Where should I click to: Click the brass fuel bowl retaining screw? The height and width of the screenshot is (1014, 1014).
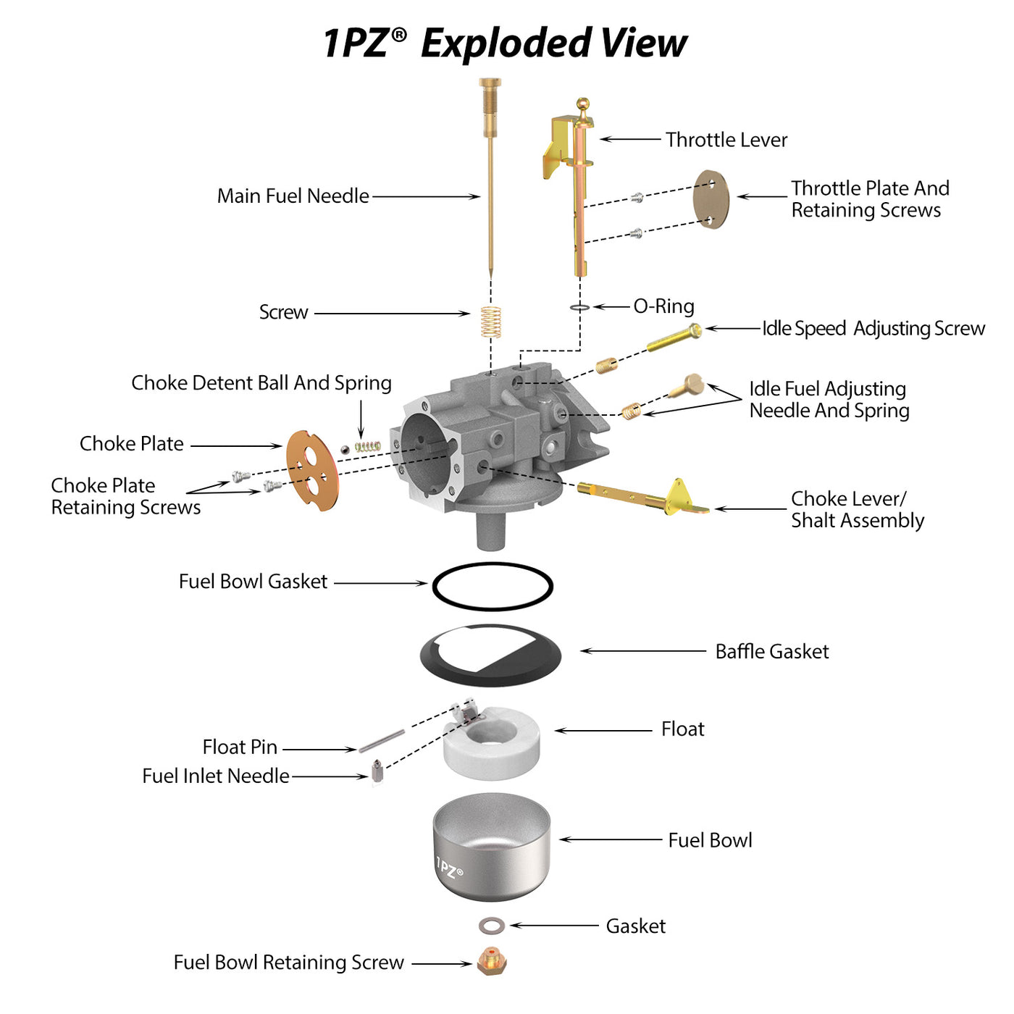point(492,962)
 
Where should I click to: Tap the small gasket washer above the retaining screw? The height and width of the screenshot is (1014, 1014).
point(492,926)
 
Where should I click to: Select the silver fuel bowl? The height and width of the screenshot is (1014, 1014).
point(492,847)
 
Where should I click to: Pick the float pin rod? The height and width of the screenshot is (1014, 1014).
point(382,741)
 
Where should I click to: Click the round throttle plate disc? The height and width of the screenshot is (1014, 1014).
point(711,199)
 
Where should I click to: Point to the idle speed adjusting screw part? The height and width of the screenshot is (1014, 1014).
point(674,338)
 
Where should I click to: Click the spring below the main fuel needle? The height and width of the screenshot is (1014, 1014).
point(491,321)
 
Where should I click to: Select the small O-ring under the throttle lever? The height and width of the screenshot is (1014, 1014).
point(579,307)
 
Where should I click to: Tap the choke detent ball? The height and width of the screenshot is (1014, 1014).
point(345,449)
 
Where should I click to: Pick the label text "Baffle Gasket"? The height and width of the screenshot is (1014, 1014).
point(772,651)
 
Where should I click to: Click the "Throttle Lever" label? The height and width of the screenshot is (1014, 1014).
point(726,140)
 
